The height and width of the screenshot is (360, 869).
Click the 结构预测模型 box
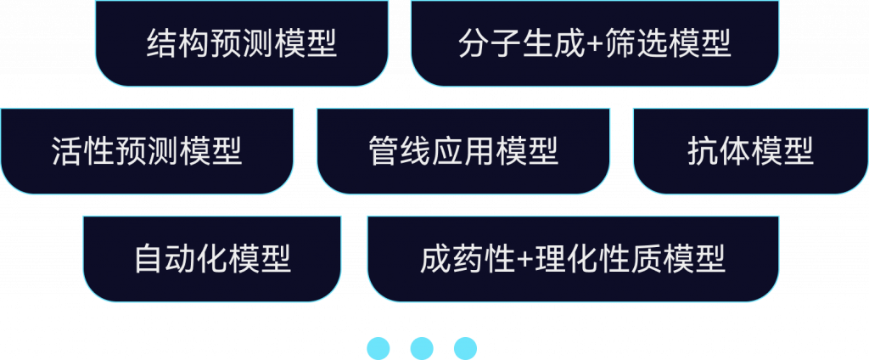point(242,43)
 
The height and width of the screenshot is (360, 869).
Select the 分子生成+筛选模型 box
point(594,43)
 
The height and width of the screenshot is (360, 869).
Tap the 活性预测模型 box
point(147,151)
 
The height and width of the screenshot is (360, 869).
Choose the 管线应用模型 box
point(463,151)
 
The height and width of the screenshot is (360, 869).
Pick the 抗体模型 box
point(750,151)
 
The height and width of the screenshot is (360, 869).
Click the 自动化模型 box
point(212,258)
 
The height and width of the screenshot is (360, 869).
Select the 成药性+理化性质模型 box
point(573,258)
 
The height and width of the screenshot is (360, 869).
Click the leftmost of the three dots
point(378,347)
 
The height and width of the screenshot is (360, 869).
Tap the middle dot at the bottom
point(422,347)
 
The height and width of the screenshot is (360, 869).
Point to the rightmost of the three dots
point(465,347)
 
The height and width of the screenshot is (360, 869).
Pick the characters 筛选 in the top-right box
point(636,43)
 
